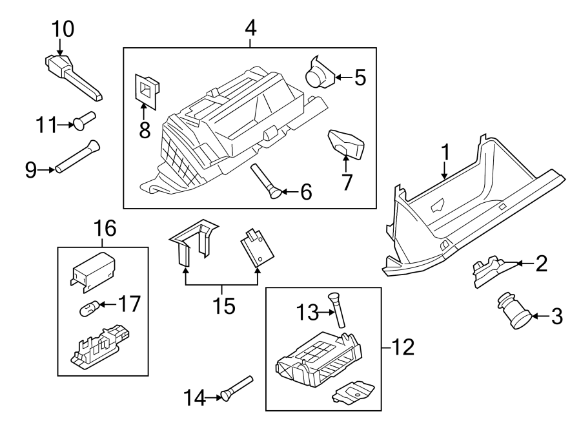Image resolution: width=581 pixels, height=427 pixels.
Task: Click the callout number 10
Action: pos(63,28)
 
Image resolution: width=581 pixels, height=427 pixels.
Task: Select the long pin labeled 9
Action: pos(76,157)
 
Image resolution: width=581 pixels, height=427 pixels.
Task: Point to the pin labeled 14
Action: pos(236,388)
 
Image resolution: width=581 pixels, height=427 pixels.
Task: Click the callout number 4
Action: pos(250,28)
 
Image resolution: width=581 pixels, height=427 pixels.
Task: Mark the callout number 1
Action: pos(444,152)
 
